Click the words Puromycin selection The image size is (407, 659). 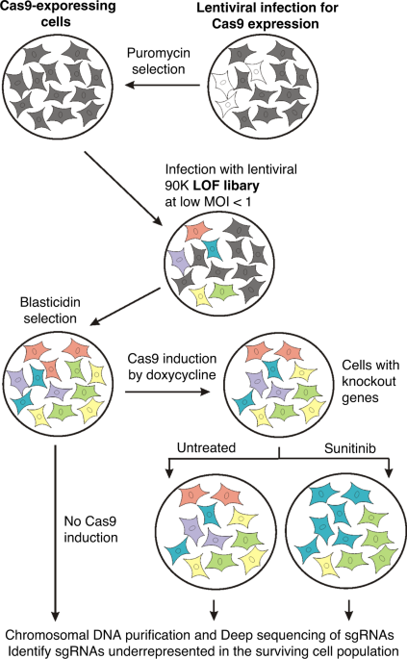159,61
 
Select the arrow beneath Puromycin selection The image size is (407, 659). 163,85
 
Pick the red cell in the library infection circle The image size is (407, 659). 198,231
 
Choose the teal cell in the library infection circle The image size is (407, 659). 214,249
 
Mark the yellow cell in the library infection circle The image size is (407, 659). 200,295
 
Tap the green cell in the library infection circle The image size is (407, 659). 224,291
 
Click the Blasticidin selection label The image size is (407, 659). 50,310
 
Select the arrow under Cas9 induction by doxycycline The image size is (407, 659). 167,392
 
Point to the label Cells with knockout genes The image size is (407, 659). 369,381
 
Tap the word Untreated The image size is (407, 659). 206,447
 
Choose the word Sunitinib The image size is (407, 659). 350,448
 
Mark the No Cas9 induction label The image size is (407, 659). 90,529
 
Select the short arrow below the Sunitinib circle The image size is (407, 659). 348,610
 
